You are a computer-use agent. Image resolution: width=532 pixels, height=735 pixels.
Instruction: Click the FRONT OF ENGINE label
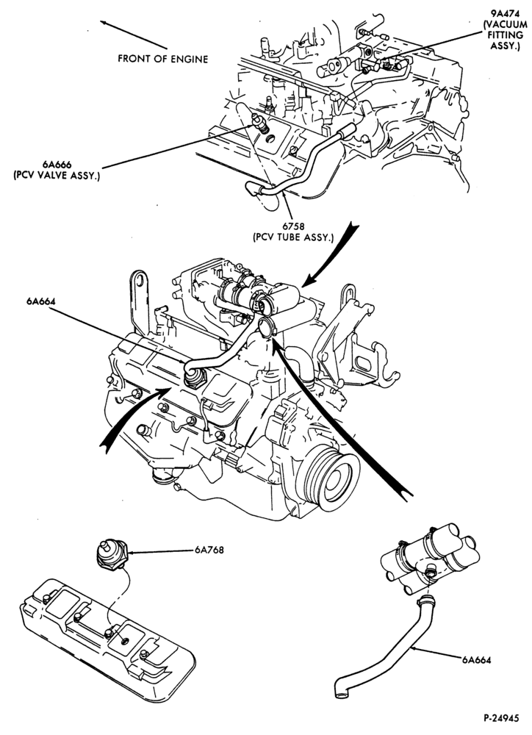click(162, 59)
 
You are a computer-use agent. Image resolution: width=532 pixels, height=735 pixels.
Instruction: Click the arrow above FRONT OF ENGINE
click(134, 35)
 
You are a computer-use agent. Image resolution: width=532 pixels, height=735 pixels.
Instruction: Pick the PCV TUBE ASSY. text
click(293, 237)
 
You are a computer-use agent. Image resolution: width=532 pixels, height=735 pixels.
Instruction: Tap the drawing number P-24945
click(501, 717)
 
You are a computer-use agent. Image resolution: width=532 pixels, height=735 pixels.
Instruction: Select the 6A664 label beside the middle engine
click(40, 301)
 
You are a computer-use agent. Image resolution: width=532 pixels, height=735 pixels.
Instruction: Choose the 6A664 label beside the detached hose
click(476, 660)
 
